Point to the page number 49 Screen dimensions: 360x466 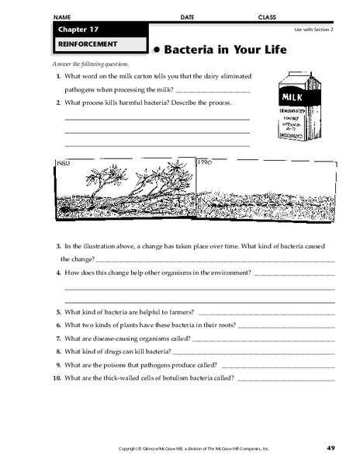point(330,448)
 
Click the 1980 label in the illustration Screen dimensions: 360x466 point(64,164)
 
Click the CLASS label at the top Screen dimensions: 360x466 point(268,16)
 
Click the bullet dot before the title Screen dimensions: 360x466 point(155,50)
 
